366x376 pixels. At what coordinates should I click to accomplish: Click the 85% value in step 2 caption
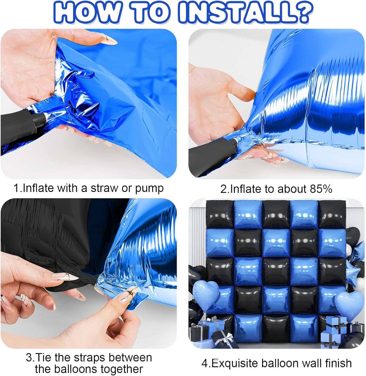pos(321,189)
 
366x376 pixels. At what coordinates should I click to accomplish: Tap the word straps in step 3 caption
pos(85,357)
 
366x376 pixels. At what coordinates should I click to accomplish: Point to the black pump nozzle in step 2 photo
pos(213,152)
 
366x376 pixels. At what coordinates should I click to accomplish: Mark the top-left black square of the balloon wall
pos(220,214)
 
